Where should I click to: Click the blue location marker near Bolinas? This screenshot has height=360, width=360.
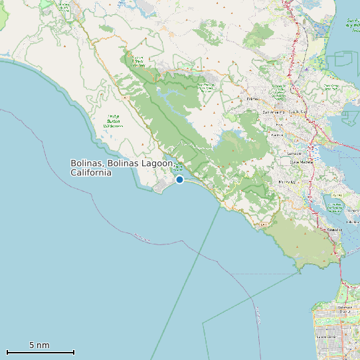pyautogui.click(x=179, y=179)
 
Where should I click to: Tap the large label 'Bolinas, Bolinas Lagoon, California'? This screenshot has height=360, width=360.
pyautogui.click(x=122, y=167)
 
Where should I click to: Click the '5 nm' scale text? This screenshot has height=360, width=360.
pyautogui.click(x=39, y=345)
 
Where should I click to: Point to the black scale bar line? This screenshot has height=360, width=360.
pyautogui.click(x=40, y=352)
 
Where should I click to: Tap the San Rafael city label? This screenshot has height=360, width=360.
pyautogui.click(x=296, y=112)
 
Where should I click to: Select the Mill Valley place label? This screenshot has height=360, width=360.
pyautogui.click(x=287, y=181)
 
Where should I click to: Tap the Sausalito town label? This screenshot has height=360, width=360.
pyautogui.click(x=334, y=230)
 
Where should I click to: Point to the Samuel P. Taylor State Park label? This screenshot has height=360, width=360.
pyautogui.click(x=137, y=61)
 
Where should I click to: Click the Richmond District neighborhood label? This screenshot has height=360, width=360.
pyautogui.click(x=343, y=308)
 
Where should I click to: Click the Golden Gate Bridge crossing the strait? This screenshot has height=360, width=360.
pyautogui.click(x=340, y=266)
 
